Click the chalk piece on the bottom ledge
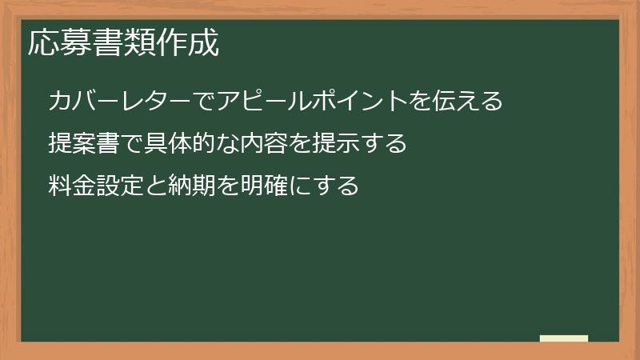click(x=564, y=338)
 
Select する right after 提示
click(x=382, y=144)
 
